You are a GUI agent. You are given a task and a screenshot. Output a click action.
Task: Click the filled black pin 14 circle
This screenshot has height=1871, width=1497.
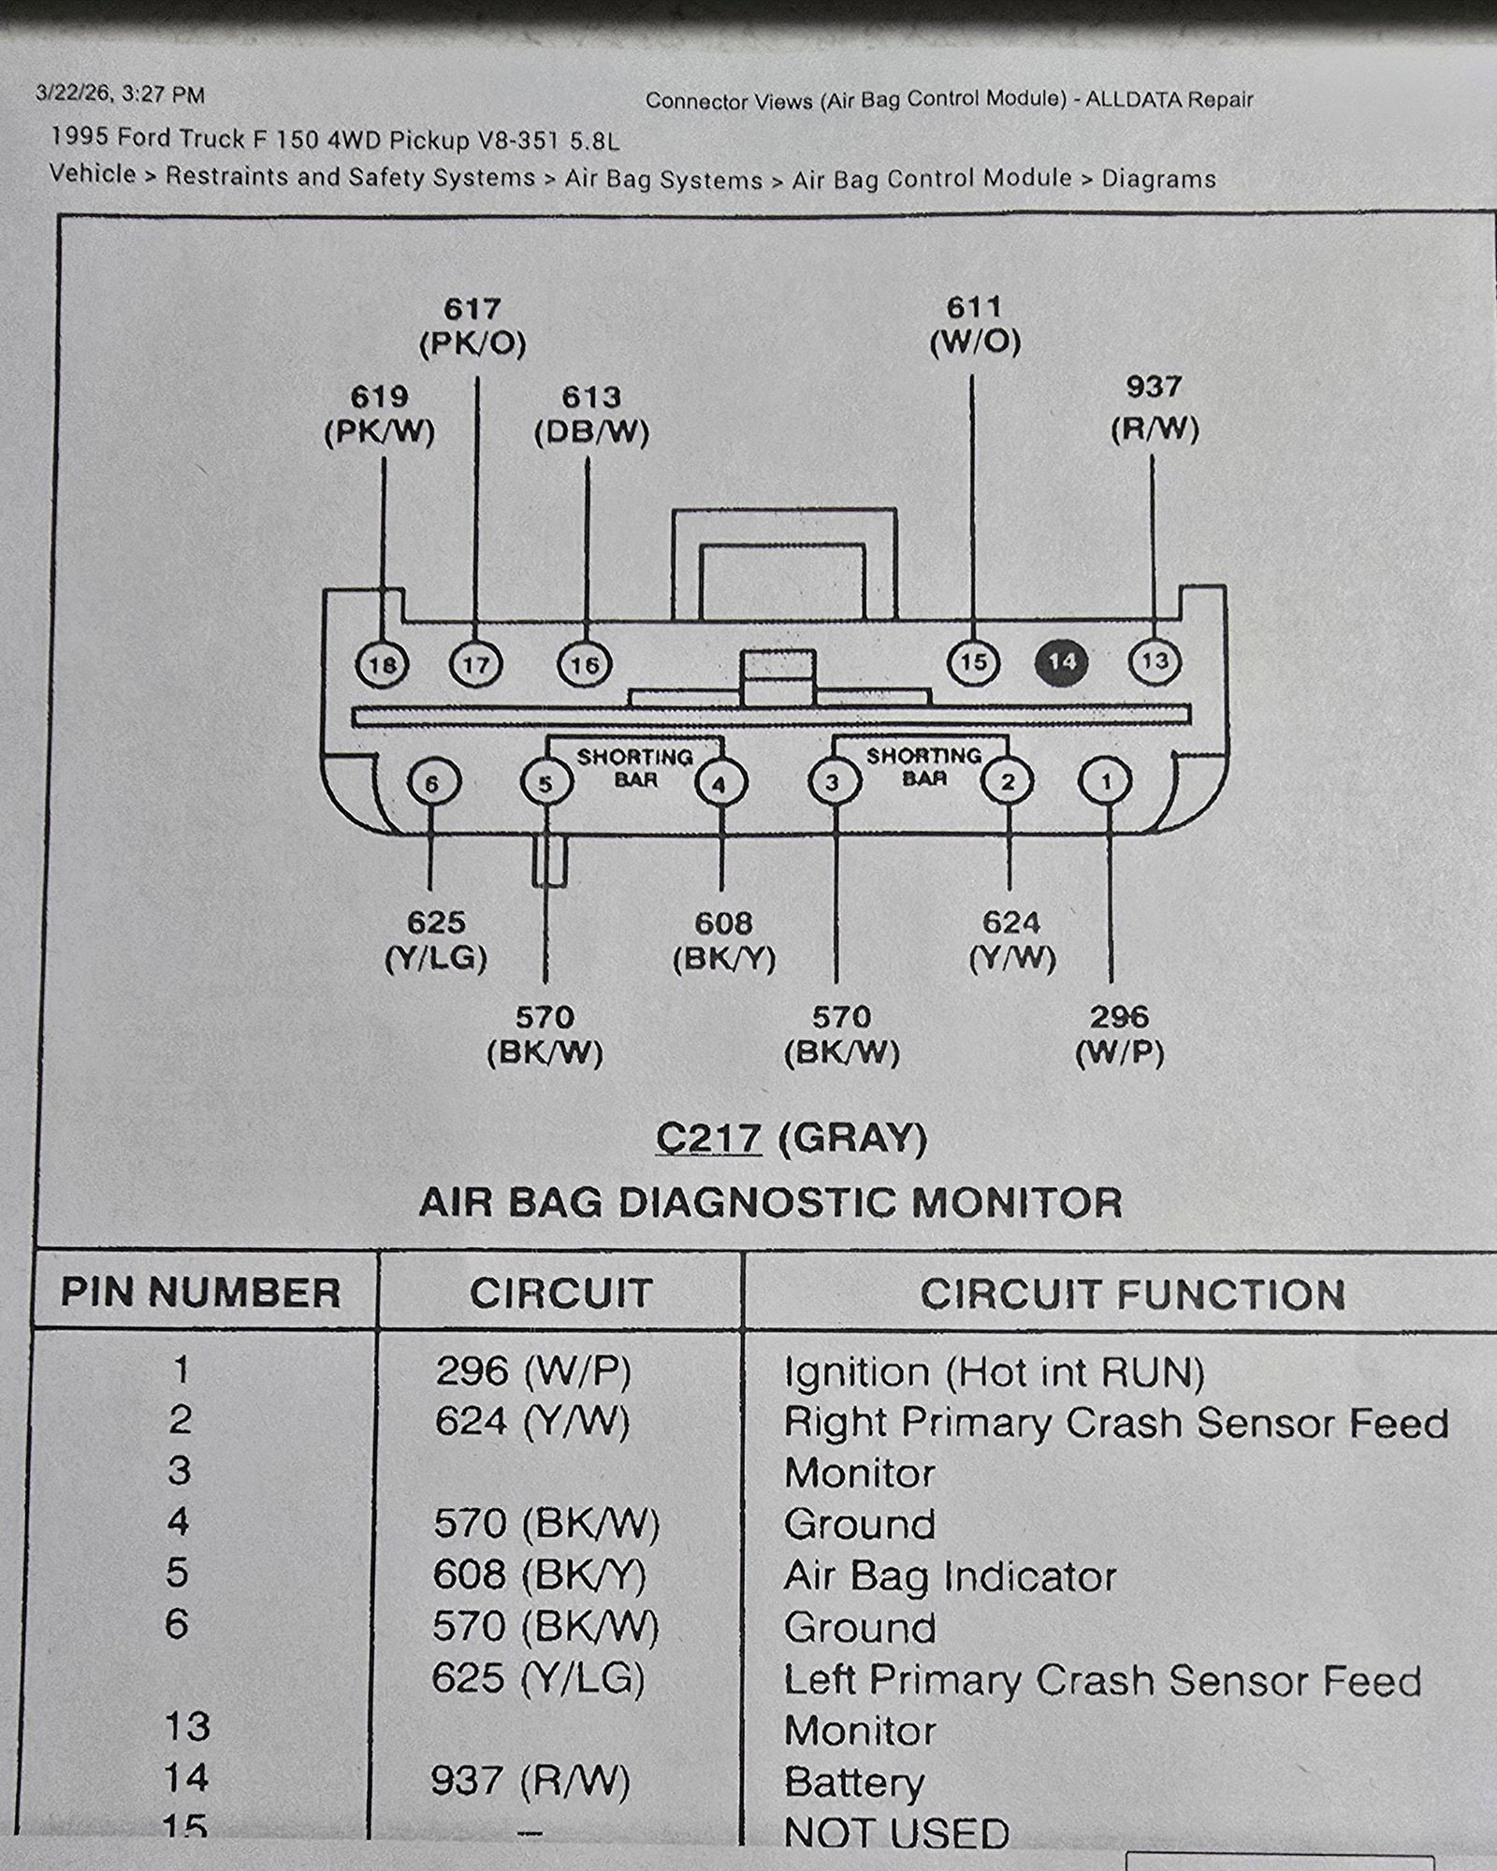click(1062, 662)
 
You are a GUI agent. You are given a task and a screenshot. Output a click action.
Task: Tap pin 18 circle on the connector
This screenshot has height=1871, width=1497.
click(383, 665)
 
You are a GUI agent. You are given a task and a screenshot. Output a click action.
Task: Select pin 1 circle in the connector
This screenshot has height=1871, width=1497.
click(1106, 781)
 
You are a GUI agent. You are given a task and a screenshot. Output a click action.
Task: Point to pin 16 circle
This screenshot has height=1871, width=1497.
click(585, 665)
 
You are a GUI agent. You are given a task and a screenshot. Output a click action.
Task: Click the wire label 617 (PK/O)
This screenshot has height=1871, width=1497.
click(472, 326)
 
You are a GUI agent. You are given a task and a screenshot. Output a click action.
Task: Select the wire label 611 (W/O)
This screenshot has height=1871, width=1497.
click(975, 325)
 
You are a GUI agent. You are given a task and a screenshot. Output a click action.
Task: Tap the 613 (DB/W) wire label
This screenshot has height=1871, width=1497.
click(591, 415)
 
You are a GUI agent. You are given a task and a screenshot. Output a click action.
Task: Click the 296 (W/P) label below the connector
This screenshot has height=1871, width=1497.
click(1120, 1036)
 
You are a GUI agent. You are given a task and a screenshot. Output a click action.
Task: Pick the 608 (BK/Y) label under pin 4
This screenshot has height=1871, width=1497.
click(724, 942)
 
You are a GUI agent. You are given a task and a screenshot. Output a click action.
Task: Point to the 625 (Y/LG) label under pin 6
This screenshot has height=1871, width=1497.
click(436, 941)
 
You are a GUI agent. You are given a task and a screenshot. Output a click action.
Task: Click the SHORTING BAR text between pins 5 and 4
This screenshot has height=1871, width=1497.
click(635, 768)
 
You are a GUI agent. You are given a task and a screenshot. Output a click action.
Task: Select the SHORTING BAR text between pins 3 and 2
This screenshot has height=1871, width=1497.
click(923, 766)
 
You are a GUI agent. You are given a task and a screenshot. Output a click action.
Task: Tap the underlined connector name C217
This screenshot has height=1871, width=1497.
click(708, 1139)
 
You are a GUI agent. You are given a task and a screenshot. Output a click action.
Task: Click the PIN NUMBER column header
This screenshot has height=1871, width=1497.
click(201, 1293)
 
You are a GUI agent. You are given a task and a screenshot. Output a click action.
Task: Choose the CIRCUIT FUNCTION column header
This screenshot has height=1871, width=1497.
click(1132, 1295)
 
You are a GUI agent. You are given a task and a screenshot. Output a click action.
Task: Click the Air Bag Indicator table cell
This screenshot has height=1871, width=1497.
click(950, 1576)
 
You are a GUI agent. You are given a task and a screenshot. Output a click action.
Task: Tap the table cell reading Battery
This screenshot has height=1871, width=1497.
click(853, 1782)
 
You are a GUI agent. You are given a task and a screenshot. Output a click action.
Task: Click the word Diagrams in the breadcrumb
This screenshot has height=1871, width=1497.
click(1158, 179)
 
